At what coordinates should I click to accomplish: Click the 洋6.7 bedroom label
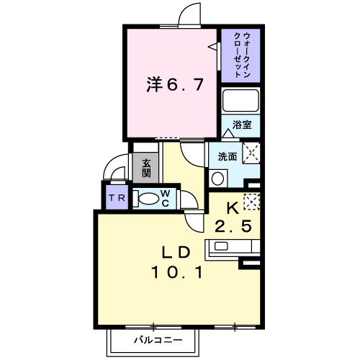point(175,84)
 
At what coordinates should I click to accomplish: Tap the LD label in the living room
point(176,253)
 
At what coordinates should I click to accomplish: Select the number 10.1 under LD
point(177,272)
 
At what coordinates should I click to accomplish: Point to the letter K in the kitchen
point(233,208)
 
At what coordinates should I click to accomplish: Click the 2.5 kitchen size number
point(233,226)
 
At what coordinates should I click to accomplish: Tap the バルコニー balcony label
point(158,340)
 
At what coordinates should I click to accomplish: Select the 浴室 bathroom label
point(242,125)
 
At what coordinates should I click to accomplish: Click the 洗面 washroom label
point(228,157)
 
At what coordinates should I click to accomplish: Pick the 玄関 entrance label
point(146,168)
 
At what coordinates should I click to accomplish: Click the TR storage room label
point(117,198)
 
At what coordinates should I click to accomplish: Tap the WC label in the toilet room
point(166,198)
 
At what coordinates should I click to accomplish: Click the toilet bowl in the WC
point(146,199)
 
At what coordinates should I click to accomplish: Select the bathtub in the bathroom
point(240,101)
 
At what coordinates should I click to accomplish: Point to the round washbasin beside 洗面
point(218,179)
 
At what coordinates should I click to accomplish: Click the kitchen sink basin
point(221,246)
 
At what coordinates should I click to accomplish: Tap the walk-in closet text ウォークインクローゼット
point(242,55)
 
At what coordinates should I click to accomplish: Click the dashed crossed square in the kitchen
point(252,202)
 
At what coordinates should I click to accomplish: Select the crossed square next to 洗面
point(251,153)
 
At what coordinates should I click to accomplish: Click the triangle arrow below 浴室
point(228,133)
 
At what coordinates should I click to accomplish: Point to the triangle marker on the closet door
point(213,47)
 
